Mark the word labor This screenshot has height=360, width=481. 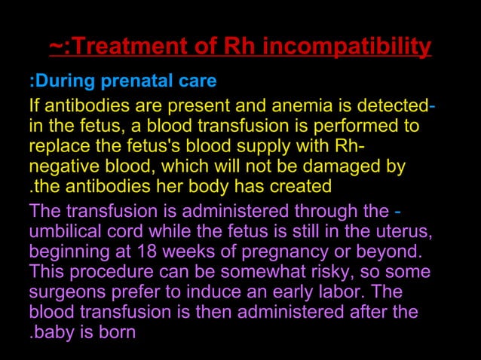point(342,290)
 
